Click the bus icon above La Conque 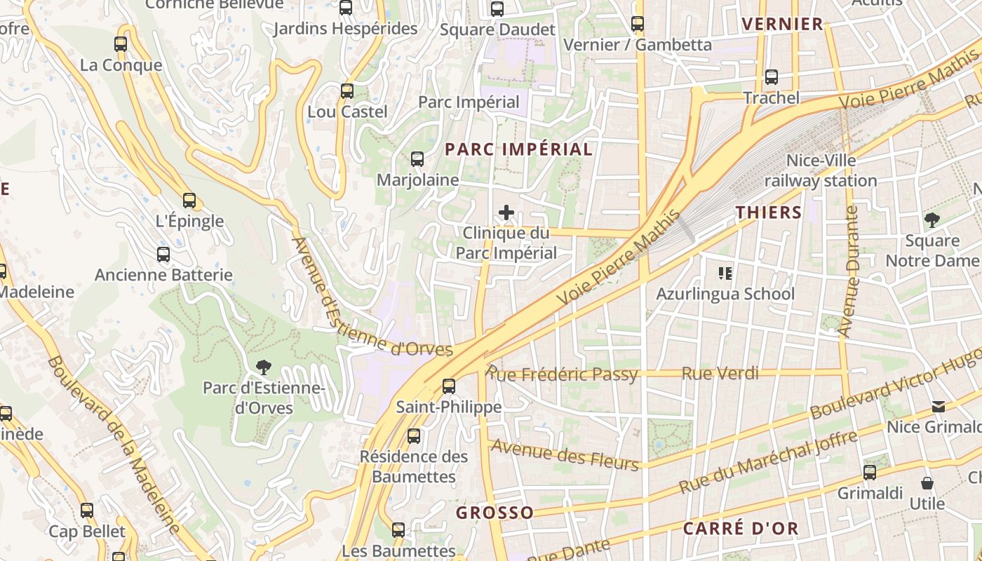tap(121, 44)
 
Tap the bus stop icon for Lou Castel tap(347, 91)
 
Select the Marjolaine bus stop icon tap(417, 159)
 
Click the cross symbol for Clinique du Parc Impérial tap(506, 212)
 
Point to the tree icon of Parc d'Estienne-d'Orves tap(263, 366)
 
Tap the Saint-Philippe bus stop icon tap(449, 386)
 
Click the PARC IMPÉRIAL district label tap(519, 149)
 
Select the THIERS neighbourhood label tap(769, 212)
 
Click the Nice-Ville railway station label tap(821, 170)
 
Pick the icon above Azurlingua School tap(725, 273)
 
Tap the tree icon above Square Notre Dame tap(931, 220)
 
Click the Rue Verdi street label tap(720, 373)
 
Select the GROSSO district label tap(495, 513)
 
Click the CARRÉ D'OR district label tap(741, 529)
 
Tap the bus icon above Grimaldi tap(870, 473)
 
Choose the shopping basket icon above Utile tap(927, 483)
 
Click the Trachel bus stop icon tap(772, 77)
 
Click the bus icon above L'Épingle tap(189, 201)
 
